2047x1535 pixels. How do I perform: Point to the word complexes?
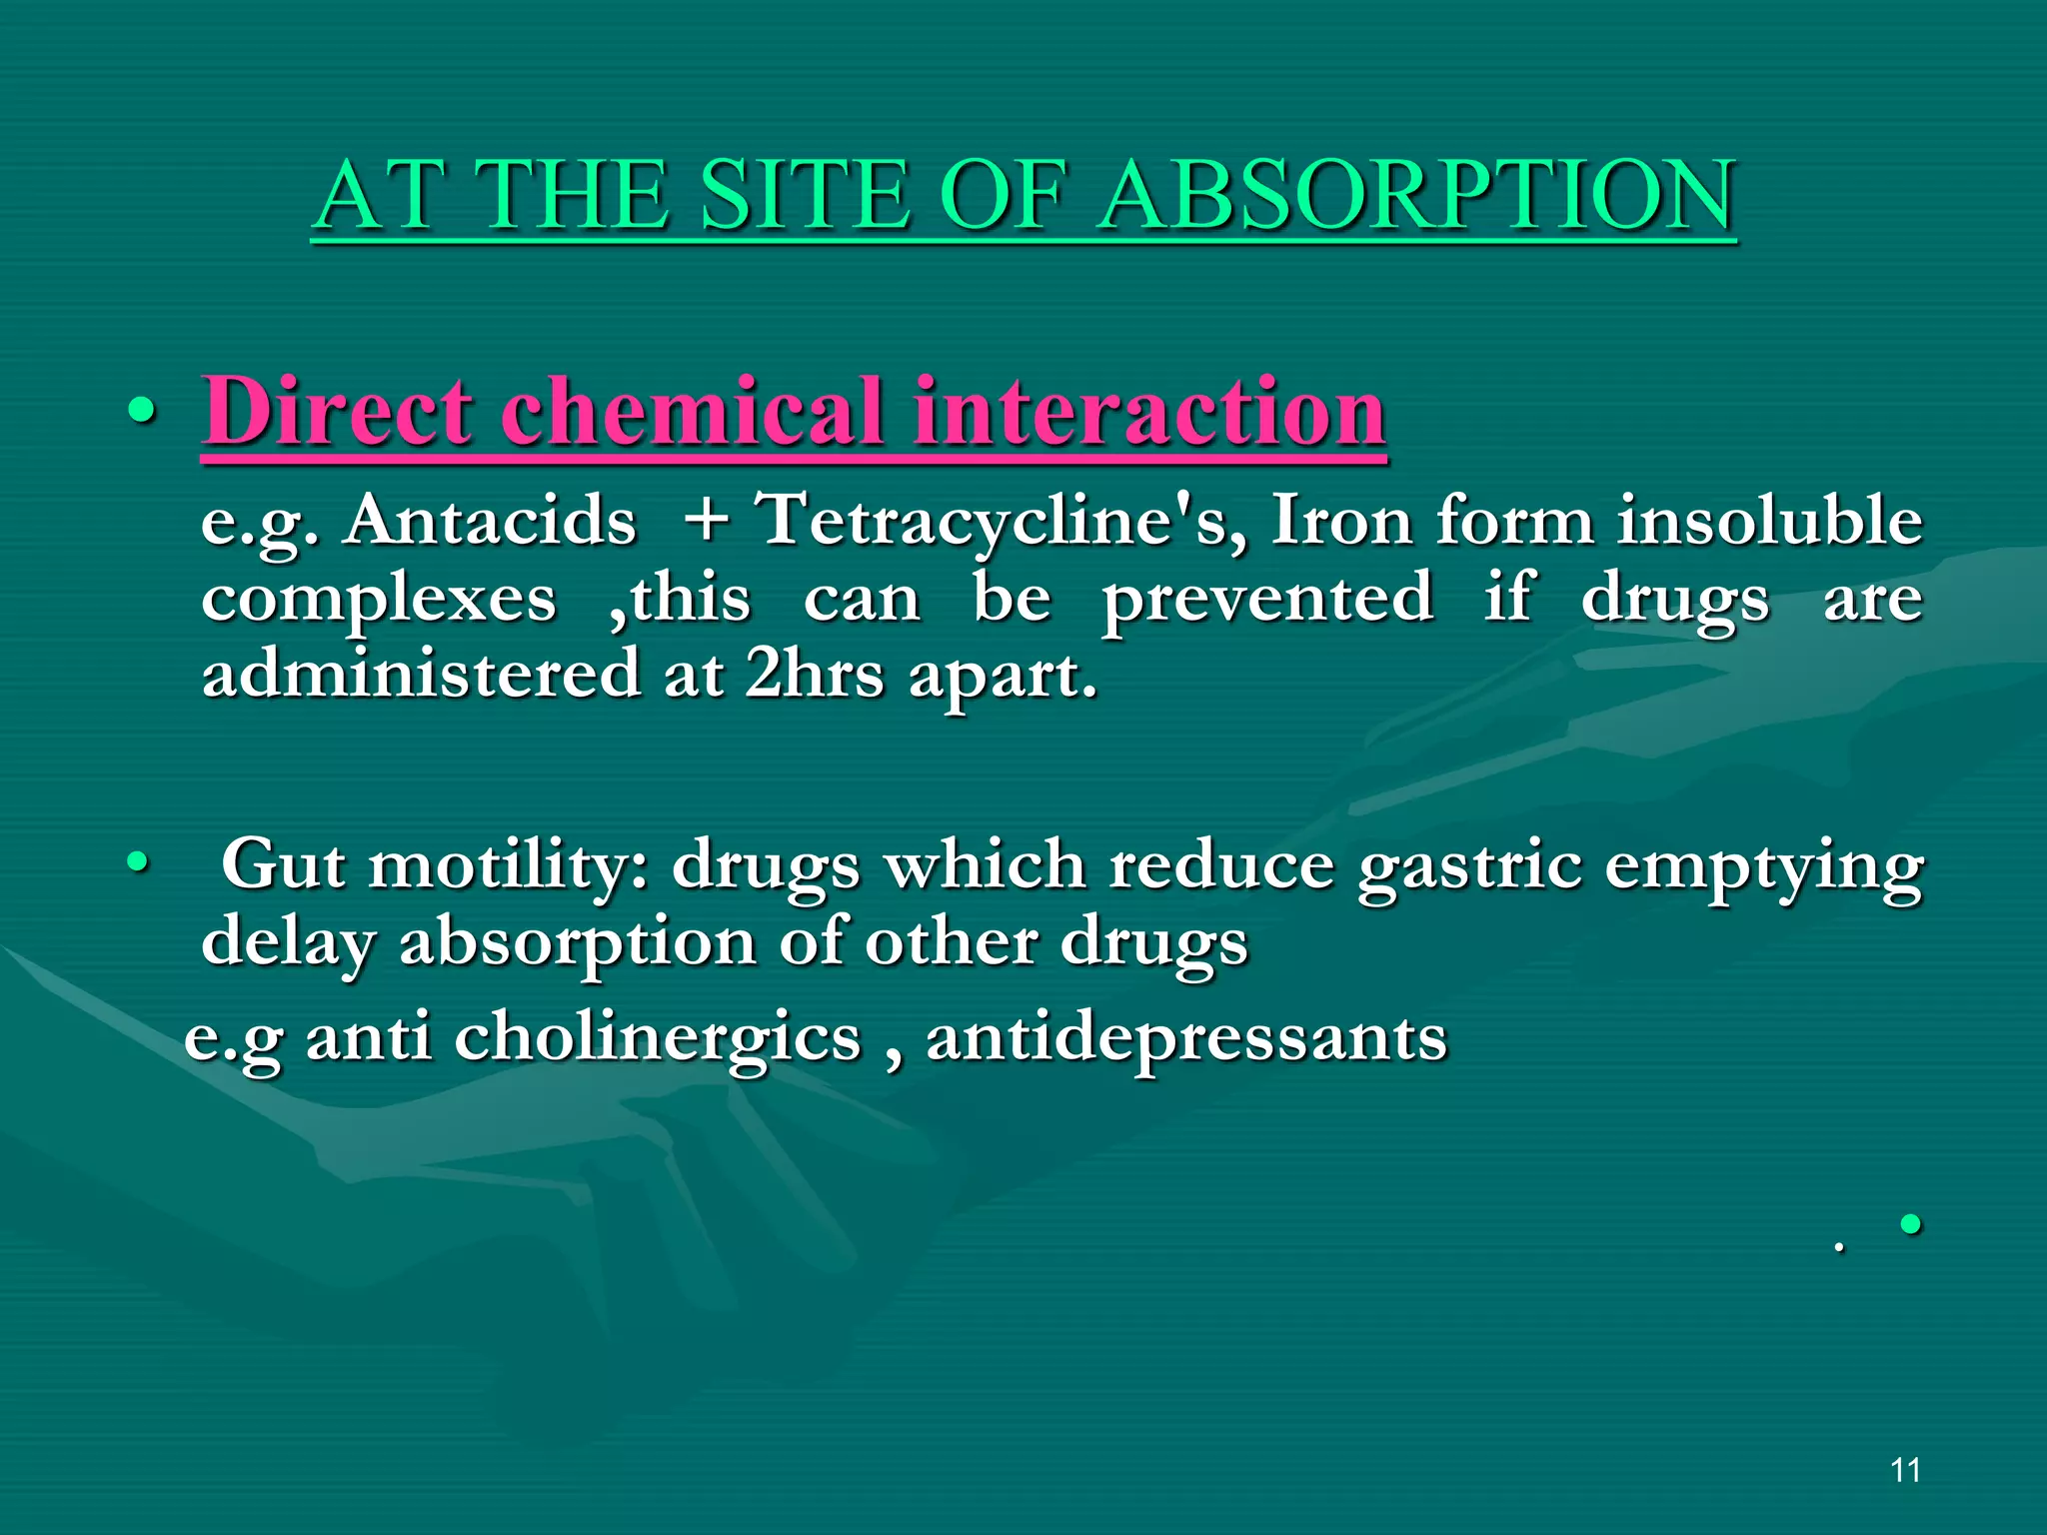point(378,600)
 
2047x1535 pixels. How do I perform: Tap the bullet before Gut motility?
point(138,860)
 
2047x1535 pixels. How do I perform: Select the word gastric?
point(1468,865)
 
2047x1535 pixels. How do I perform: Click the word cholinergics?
point(657,1039)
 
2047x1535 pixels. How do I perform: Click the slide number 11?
point(1905,1470)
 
